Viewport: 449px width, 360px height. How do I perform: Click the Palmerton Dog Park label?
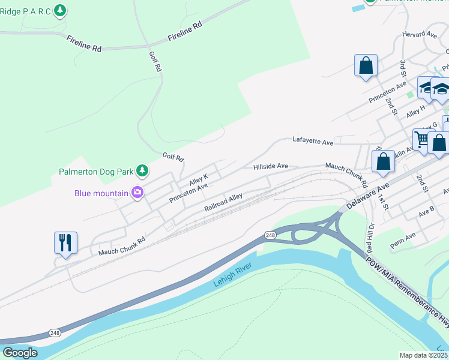pyautogui.click(x=96, y=172)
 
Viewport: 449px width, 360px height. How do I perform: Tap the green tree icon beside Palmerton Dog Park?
pyautogui.click(x=142, y=172)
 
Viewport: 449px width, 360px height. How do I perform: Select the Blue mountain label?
pyautogui.click(x=101, y=193)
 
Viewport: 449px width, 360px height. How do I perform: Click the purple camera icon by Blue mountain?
pyautogui.click(x=138, y=193)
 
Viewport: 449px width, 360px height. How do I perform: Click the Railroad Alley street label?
pyautogui.click(x=223, y=202)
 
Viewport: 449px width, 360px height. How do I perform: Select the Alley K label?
pyautogui.click(x=198, y=178)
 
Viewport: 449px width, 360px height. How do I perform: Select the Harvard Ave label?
pyautogui.click(x=420, y=35)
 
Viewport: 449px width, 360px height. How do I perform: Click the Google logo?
pyautogui.click(x=20, y=353)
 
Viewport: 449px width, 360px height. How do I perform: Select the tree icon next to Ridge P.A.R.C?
pyautogui.click(x=60, y=10)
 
